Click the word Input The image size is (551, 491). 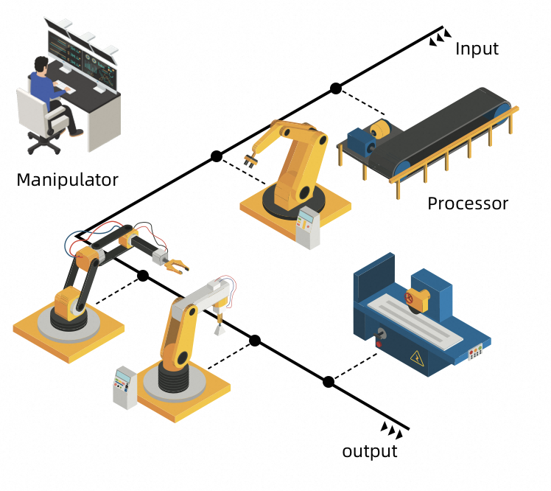(x=477, y=49)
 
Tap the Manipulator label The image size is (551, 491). (x=67, y=179)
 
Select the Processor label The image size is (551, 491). (x=468, y=203)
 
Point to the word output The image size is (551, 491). (x=370, y=451)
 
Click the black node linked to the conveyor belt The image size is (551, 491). (x=336, y=88)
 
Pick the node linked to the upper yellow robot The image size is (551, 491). (x=216, y=156)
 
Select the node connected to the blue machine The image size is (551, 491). (x=329, y=382)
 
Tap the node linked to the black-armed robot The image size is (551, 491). (x=143, y=276)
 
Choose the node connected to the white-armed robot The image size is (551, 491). (x=255, y=341)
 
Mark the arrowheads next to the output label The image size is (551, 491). (x=392, y=430)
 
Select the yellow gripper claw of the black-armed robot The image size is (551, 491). (x=177, y=264)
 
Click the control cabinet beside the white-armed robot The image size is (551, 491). (x=124, y=387)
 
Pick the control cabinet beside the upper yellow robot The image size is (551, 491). (x=308, y=228)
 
